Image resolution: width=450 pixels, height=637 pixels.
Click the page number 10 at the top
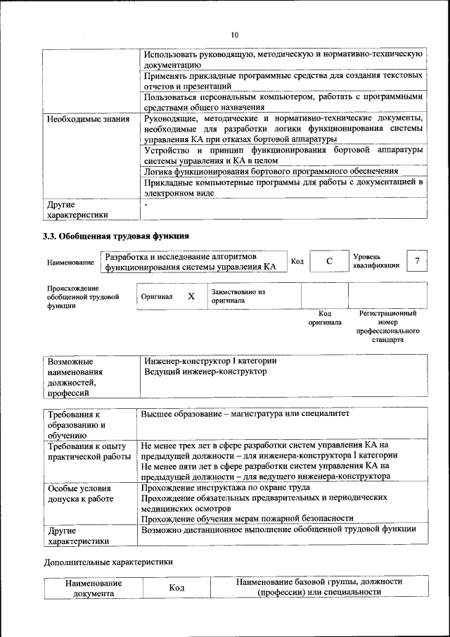(x=235, y=35)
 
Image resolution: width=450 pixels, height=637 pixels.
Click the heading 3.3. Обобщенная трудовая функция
(x=116, y=235)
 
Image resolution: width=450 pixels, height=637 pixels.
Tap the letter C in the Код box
(x=329, y=262)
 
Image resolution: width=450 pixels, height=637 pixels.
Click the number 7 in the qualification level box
(x=418, y=261)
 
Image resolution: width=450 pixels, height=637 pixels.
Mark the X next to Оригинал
(x=191, y=296)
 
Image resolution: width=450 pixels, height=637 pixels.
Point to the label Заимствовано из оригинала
(x=238, y=296)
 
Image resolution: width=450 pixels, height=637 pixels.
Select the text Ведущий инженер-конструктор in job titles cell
(x=205, y=371)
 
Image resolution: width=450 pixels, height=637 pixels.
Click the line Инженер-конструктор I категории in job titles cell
(x=210, y=360)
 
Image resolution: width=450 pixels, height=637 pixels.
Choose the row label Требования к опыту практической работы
(x=87, y=451)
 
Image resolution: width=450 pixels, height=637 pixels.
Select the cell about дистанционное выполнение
(x=278, y=529)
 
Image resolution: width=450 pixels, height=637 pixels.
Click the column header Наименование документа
(x=93, y=588)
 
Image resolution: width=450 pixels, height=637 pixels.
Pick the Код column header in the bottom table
(x=177, y=588)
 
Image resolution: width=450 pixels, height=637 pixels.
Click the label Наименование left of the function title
(x=70, y=263)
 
